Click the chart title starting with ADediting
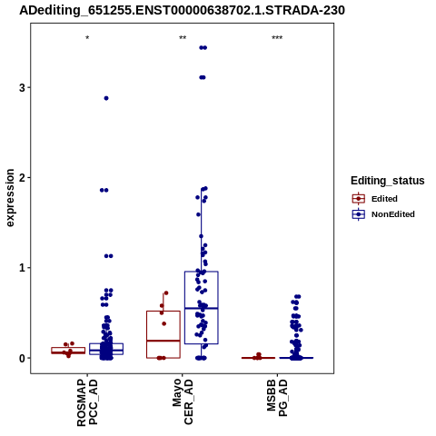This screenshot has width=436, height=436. pyautogui.click(x=182, y=11)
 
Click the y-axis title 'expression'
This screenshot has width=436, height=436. pyautogui.click(x=10, y=198)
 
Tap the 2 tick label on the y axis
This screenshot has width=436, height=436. pyautogui.click(x=22, y=178)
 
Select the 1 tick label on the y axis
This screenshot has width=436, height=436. pyautogui.click(x=22, y=268)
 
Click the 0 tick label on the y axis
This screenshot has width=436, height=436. pyautogui.click(x=22, y=358)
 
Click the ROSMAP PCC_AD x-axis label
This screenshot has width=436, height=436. pyautogui.click(x=87, y=402)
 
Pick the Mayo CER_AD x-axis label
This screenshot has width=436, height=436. pyautogui.click(x=183, y=402)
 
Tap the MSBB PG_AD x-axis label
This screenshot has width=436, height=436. pyautogui.click(x=277, y=398)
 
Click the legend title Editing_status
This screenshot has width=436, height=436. pyautogui.click(x=388, y=181)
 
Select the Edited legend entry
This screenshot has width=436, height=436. pyautogui.click(x=375, y=199)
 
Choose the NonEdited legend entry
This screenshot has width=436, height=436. pyautogui.click(x=383, y=214)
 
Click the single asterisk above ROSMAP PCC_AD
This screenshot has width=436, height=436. pyautogui.click(x=87, y=38)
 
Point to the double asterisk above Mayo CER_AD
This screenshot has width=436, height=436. pyautogui.click(x=183, y=38)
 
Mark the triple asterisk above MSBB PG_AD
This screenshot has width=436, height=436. pyautogui.click(x=277, y=38)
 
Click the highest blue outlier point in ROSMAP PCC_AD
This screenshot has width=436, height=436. pyautogui.click(x=106, y=98)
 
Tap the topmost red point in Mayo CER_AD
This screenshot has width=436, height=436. pyautogui.click(x=166, y=293)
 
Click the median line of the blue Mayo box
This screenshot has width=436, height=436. pyautogui.click(x=202, y=308)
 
